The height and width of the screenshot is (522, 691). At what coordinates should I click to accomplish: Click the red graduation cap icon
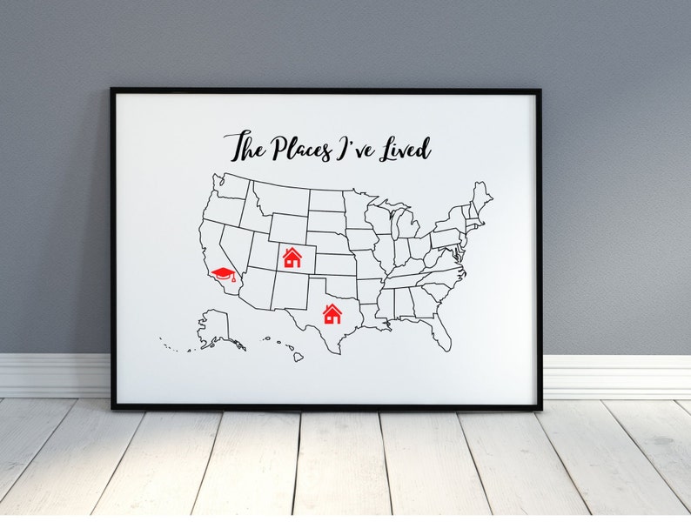pyautogui.click(x=224, y=276)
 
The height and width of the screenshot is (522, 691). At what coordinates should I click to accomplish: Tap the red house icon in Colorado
pyautogui.click(x=292, y=258)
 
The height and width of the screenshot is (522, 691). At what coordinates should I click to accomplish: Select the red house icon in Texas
pyautogui.click(x=332, y=313)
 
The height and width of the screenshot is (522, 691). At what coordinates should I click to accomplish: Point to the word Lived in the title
pyautogui.click(x=404, y=148)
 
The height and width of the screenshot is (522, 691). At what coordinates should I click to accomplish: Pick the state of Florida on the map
pyautogui.click(x=441, y=331)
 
